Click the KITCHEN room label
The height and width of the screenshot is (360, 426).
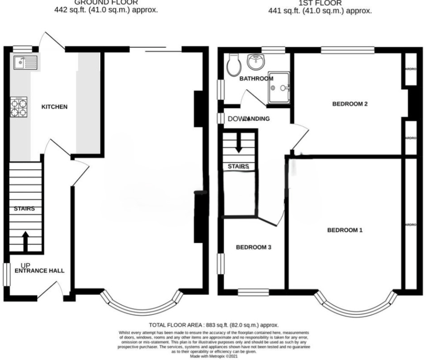click(54, 107)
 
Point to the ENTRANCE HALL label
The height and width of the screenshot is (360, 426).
click(40, 271)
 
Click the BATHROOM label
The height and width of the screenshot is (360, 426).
click(256, 79)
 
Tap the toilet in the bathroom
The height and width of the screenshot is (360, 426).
click(234, 65)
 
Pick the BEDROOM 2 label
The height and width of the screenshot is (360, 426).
click(350, 104)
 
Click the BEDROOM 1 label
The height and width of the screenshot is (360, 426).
click(345, 230)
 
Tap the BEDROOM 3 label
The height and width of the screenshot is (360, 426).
click(254, 247)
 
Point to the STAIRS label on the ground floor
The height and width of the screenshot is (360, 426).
click(24, 209)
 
